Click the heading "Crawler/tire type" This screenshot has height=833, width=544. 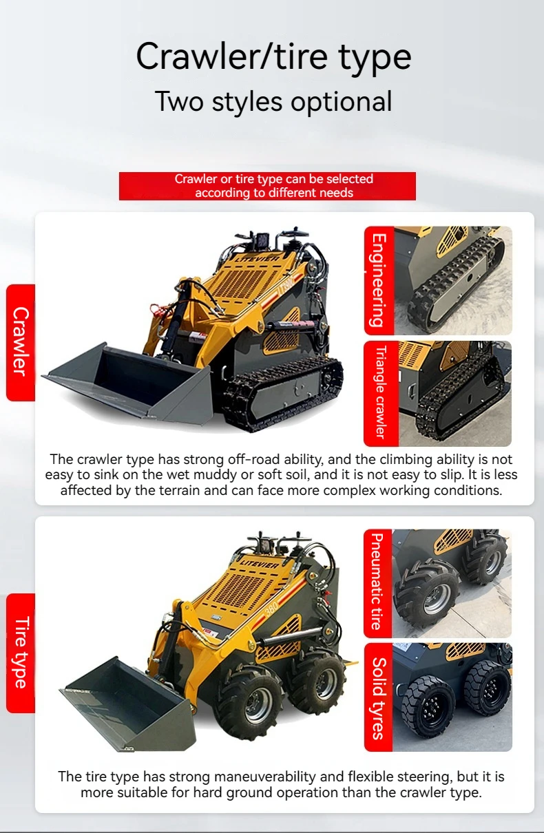[273, 56]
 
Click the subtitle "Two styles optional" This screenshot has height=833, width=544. [273, 101]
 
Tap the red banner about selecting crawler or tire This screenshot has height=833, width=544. [267, 186]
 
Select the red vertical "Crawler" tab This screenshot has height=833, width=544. [21, 342]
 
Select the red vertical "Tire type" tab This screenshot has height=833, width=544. [21, 653]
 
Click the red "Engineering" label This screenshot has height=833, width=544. [378, 281]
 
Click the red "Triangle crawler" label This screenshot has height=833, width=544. [378, 394]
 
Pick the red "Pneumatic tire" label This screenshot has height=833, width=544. [377, 582]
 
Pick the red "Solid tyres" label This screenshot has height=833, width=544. [378, 697]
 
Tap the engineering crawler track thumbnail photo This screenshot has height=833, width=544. [452, 281]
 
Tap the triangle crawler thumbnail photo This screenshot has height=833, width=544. [454, 394]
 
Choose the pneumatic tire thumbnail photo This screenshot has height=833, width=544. [452, 582]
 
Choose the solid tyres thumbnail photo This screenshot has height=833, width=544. [452, 697]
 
